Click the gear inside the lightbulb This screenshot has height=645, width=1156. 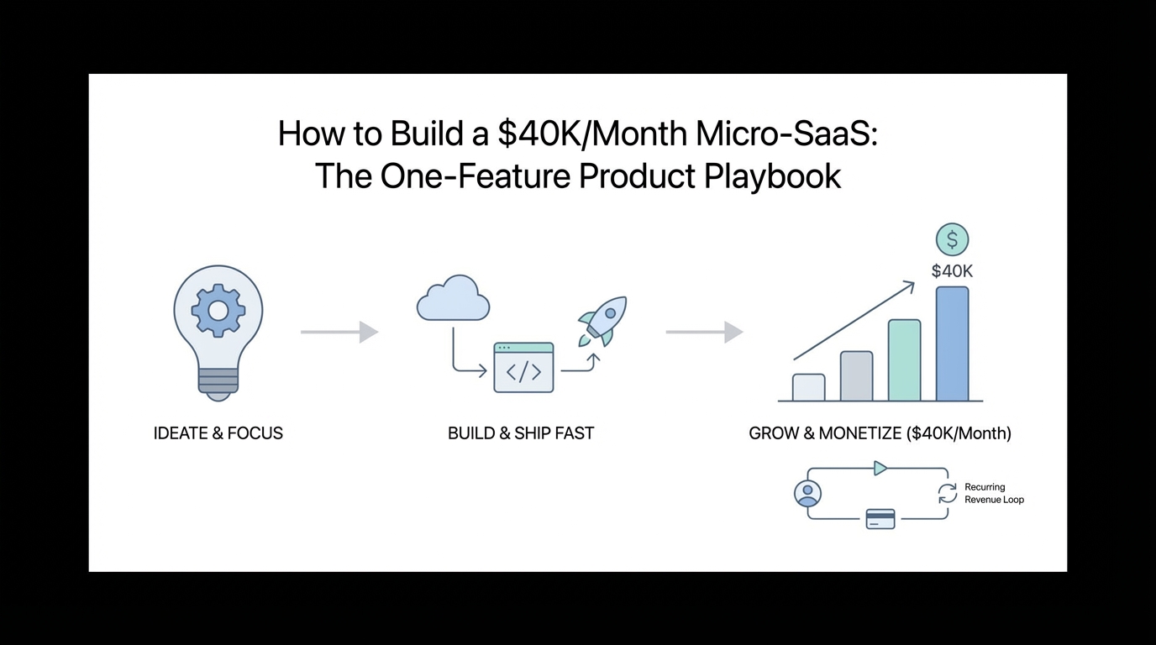point(218,311)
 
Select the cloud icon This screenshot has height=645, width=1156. point(453,298)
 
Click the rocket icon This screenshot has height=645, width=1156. point(602,321)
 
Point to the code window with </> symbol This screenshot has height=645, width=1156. point(523,367)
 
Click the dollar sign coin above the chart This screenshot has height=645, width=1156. point(952,239)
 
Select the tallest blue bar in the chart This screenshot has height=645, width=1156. point(952,343)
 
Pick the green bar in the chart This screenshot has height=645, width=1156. point(904,360)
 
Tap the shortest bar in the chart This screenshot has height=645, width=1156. point(809,387)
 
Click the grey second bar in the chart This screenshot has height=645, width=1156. point(857,376)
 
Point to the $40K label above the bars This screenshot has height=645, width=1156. point(952,271)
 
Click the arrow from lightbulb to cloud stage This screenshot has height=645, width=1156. point(339,332)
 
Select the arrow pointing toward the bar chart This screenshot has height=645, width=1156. point(704,332)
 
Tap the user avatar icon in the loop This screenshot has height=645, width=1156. point(807,493)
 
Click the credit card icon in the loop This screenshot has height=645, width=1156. point(880,518)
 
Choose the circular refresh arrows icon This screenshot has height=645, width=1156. point(948,493)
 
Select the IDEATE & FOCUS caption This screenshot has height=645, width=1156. point(218,433)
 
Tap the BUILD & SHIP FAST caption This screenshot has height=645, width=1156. point(521,433)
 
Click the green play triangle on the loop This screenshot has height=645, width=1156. point(880,469)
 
